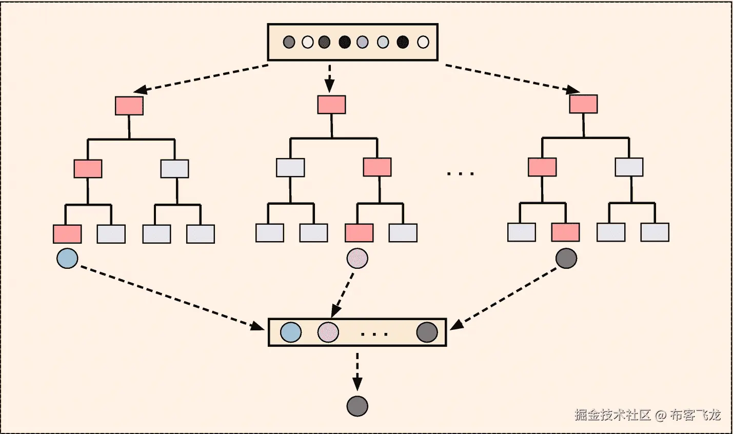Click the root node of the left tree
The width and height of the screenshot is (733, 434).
(129, 106)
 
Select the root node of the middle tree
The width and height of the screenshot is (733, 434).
(331, 105)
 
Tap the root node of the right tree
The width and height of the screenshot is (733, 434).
(583, 104)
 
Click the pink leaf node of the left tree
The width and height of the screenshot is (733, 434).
(67, 234)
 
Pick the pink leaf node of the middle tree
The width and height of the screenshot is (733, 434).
(359, 233)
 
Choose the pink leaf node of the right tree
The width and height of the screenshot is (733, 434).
(565, 232)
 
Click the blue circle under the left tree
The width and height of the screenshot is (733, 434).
(67, 258)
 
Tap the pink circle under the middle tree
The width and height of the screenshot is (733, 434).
(358, 258)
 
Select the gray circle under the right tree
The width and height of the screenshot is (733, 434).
(566, 258)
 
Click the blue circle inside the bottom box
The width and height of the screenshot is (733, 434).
(291, 332)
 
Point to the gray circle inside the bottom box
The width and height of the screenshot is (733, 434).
(427, 332)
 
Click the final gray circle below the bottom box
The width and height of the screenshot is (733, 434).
(358, 406)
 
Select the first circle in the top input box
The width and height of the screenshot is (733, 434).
(289, 42)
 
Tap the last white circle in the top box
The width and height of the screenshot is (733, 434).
(423, 42)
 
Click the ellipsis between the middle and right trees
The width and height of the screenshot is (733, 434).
(461, 174)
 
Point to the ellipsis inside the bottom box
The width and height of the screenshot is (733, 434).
(374, 334)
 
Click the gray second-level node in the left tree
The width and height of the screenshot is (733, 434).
(174, 169)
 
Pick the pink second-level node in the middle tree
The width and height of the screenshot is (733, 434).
(377, 167)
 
